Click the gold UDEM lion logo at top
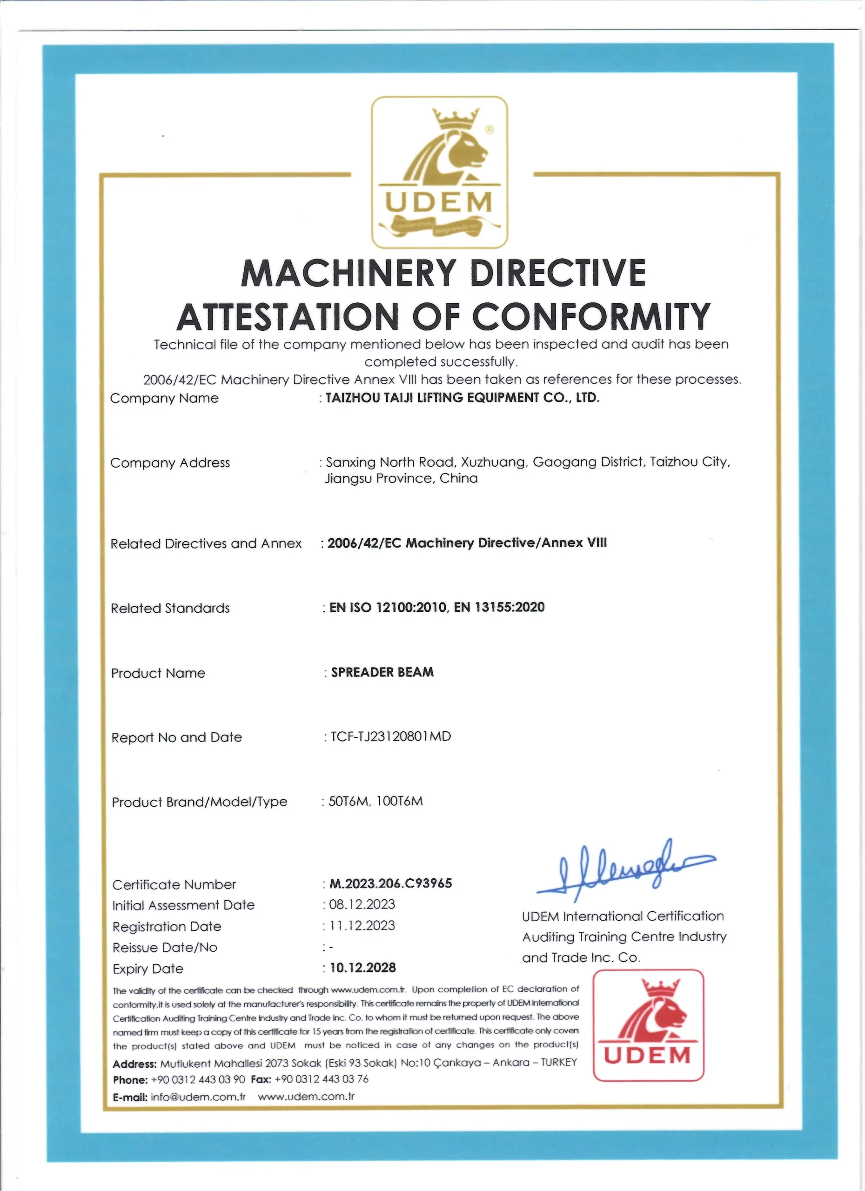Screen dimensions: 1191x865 pyautogui.click(x=439, y=172)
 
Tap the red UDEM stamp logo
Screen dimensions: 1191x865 pyautogui.click(x=648, y=1024)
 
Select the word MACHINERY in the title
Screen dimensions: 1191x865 pyautogui.click(x=348, y=273)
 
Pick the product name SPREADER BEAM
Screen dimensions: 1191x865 pyautogui.click(x=382, y=672)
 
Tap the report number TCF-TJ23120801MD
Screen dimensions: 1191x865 pyautogui.click(x=390, y=736)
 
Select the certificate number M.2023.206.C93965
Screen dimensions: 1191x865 pyautogui.click(x=390, y=883)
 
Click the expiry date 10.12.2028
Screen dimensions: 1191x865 pyautogui.click(x=362, y=967)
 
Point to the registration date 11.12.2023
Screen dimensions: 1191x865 pyautogui.click(x=362, y=925)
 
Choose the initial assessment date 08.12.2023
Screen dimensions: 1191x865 pyautogui.click(x=362, y=904)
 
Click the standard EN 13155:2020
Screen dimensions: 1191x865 pyautogui.click(x=499, y=607)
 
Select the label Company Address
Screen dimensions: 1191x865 pyautogui.click(x=170, y=462)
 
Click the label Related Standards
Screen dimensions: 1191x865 pyautogui.click(x=170, y=608)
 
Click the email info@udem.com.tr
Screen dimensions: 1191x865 pyautogui.click(x=198, y=1097)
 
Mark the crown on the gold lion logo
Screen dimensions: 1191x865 pyautogui.click(x=456, y=119)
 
